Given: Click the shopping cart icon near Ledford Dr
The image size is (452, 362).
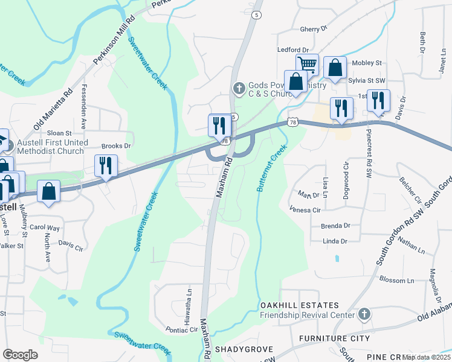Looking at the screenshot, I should tap(307, 64).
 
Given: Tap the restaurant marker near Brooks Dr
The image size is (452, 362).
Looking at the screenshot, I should tap(106, 165).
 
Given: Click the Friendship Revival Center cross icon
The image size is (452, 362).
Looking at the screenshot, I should tap(363, 314).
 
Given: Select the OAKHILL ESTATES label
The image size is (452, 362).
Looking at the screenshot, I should tap(299, 306).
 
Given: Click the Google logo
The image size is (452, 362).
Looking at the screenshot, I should tap(20, 355).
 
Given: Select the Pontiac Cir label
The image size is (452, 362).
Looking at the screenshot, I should tap(182, 330).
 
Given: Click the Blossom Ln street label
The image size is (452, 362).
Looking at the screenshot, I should tap(397, 281).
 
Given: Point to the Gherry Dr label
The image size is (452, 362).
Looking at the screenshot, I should tap(313, 28).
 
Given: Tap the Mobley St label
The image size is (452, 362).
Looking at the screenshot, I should tap(367, 63).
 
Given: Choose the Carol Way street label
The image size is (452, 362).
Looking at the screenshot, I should tap(45, 228).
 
